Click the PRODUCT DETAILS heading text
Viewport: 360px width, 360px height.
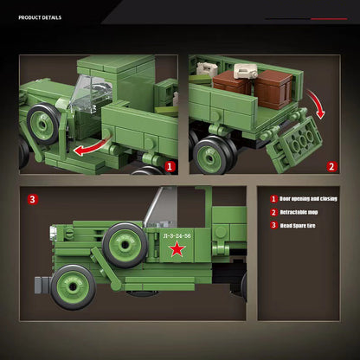(40, 16)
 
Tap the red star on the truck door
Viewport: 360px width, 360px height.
(177, 250)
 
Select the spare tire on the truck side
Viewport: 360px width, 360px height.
(124, 243)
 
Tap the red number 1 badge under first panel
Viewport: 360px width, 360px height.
(170, 167)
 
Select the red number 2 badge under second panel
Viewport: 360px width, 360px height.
(331, 167)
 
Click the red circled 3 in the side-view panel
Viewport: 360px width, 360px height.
(33, 199)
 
